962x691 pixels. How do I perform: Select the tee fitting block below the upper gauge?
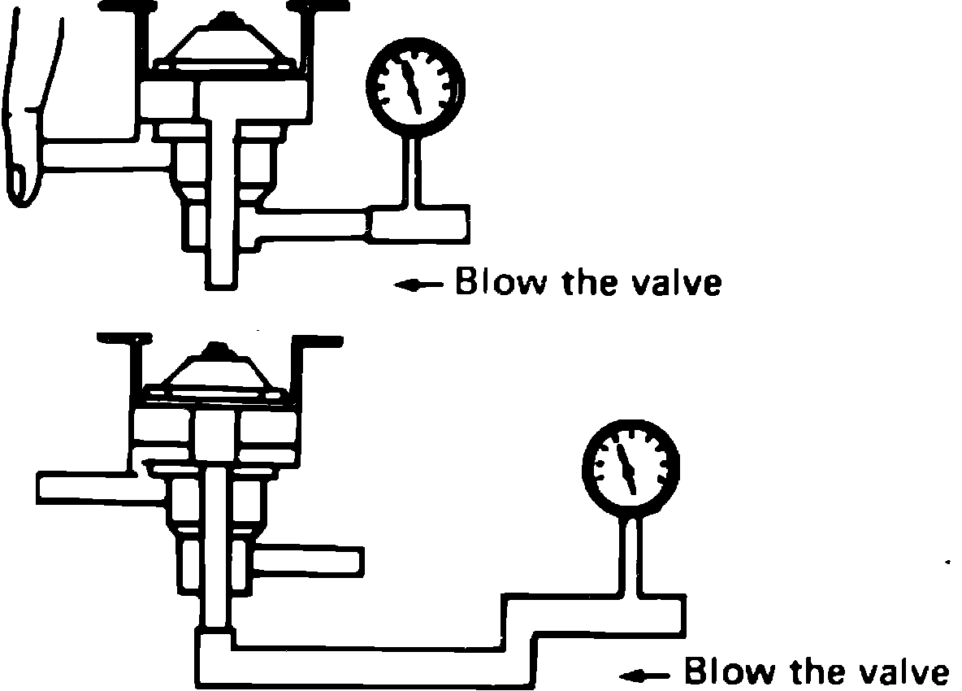click(x=418, y=223)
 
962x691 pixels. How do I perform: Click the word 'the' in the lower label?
click(x=814, y=672)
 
